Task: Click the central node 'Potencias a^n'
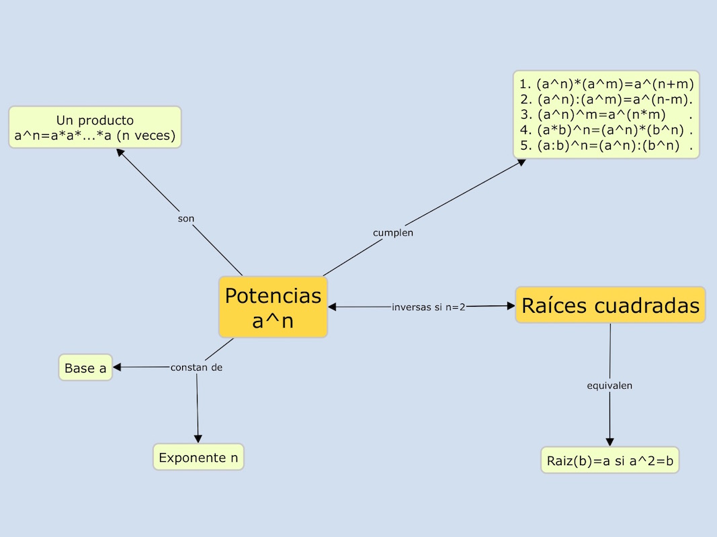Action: click(x=273, y=307)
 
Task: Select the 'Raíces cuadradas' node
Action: click(x=610, y=305)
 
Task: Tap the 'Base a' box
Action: click(x=85, y=368)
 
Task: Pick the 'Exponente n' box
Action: click(x=198, y=458)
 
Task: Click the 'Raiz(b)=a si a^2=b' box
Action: click(x=609, y=461)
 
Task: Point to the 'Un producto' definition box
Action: click(x=95, y=128)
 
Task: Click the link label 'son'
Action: click(x=186, y=219)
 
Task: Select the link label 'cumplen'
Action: click(x=393, y=233)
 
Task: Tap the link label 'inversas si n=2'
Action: click(x=429, y=307)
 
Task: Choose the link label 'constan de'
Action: click(x=196, y=367)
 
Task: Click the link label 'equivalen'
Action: click(x=609, y=386)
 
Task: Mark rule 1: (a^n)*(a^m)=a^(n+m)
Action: click(x=606, y=85)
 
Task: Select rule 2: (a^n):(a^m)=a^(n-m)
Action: click(x=606, y=100)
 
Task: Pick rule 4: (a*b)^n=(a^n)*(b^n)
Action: click(x=606, y=130)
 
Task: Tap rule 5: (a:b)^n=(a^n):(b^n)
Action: click(x=606, y=146)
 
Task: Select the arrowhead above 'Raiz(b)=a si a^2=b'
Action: click(x=609, y=442)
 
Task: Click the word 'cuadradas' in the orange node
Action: click(x=648, y=305)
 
